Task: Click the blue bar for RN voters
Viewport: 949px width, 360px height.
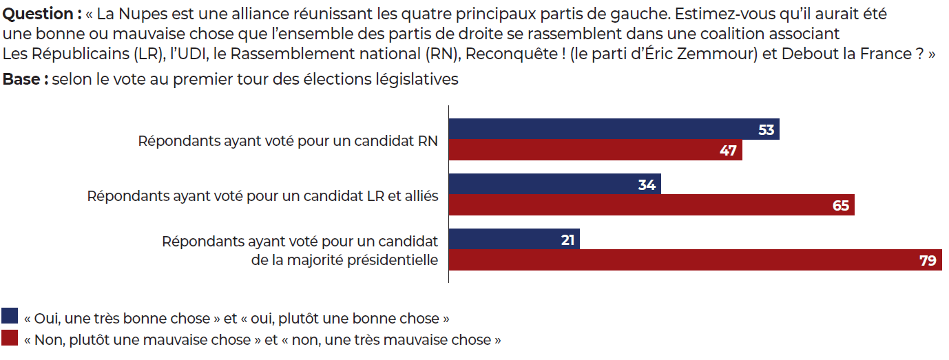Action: (613, 129)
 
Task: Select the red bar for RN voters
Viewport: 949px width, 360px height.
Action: (595, 151)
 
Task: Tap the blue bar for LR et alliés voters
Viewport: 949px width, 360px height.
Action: (554, 184)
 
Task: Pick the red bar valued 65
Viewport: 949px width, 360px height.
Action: (651, 205)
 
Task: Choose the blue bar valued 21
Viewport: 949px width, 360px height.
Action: (514, 240)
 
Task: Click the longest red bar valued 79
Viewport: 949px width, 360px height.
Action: (695, 260)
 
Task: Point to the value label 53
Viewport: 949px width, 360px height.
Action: (766, 129)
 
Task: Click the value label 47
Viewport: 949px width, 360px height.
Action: (729, 151)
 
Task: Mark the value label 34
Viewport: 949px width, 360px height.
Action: (647, 184)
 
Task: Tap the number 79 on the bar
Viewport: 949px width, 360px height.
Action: (928, 260)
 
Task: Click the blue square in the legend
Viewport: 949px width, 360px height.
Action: (10, 317)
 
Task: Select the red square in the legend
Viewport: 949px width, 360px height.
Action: (10, 338)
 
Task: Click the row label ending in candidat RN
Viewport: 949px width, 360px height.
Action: (288, 141)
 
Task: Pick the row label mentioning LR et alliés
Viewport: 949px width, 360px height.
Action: (262, 196)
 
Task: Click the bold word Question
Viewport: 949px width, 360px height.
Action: (39, 14)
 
